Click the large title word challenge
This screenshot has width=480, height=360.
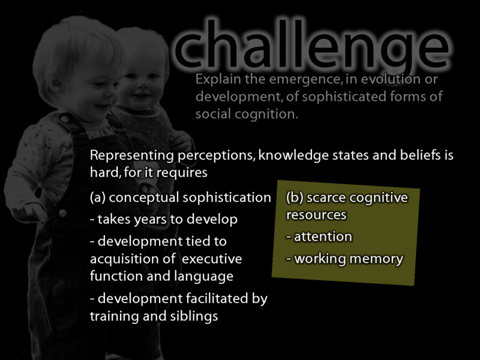[312, 45]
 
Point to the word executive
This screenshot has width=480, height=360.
[212, 259]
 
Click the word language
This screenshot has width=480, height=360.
[205, 276]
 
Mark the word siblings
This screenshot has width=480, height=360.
[188, 316]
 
